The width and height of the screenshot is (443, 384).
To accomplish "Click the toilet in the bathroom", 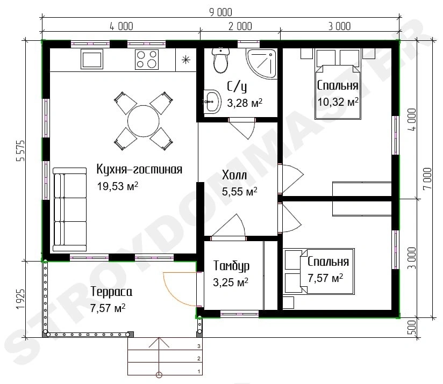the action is coord(220,60).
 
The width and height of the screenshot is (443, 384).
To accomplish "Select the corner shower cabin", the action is coord(261,64).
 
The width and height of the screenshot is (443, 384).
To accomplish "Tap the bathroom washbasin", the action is coord(212,102).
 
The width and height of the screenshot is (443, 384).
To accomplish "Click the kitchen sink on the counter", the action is coord(92,59).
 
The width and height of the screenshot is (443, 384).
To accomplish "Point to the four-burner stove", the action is coord(147,59).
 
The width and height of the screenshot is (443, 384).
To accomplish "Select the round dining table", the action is coord(144,121).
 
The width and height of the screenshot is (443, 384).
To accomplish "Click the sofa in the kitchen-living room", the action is coord(70,209).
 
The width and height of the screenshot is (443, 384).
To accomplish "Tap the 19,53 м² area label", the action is coord(118,186).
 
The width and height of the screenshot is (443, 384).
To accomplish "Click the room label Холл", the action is coord(234,175).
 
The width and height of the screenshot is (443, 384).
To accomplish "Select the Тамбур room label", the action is coord(231,266).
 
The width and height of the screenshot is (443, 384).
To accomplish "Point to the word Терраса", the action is coord(111,292).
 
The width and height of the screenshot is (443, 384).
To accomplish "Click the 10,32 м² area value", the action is coord(338,102).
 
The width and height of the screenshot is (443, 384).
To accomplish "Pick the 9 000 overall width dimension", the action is coord(220,12).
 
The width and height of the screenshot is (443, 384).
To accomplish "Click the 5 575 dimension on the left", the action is coord(21,151).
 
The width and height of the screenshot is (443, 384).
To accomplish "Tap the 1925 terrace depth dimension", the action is coord(20,299).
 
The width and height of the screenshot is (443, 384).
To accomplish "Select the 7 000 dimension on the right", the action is coord(427,179).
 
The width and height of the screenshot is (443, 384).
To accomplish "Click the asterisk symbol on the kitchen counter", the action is coord(186,60).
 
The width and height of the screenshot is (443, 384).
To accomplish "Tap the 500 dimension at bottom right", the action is coord(412,327).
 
